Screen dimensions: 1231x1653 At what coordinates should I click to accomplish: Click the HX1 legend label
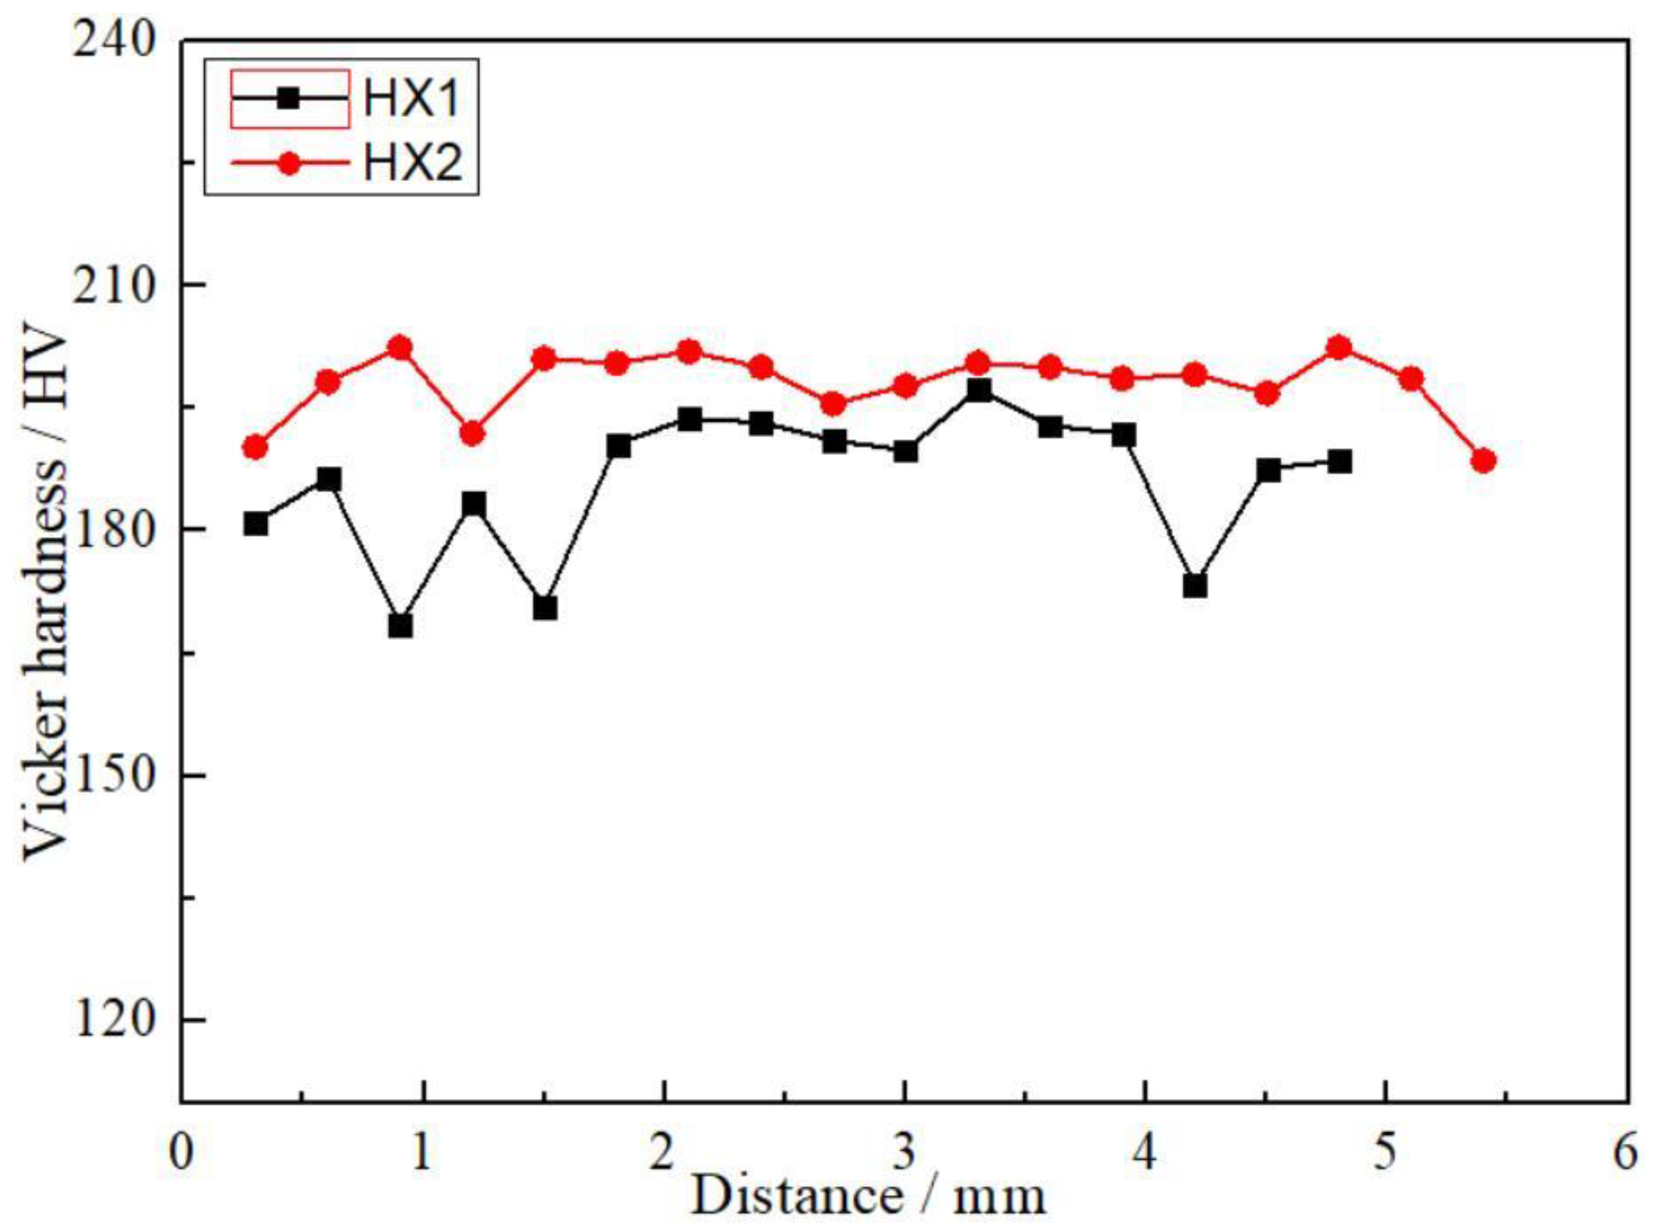411,99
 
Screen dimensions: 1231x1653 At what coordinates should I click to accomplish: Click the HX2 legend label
412,163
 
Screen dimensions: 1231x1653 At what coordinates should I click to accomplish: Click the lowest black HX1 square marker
400,626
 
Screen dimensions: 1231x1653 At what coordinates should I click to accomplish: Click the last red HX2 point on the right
1483,460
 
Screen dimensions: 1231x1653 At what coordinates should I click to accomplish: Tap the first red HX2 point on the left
256,447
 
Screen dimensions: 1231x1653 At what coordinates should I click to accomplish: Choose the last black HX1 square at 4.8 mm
1339,462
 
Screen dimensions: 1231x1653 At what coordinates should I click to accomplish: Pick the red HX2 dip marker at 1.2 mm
473,434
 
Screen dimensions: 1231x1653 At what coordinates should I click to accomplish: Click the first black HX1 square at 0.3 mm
256,524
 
